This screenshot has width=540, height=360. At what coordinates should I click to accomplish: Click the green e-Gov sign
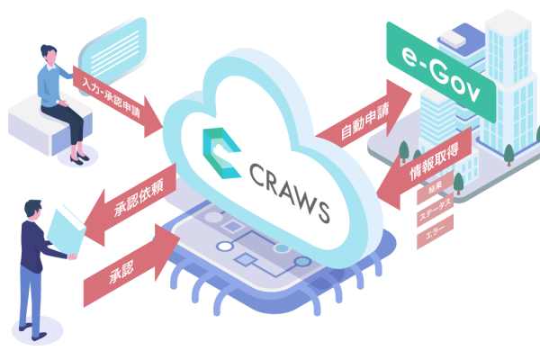(442, 73)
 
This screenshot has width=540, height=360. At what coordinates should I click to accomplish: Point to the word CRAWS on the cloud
(289, 192)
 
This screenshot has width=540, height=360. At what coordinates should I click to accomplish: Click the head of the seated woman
(49, 54)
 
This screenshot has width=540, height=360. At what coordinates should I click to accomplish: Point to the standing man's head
(33, 210)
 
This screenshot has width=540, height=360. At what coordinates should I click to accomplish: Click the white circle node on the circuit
(225, 247)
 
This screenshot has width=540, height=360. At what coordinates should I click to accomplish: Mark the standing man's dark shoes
(32, 330)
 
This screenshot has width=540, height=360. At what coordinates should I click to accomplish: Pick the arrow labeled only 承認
(130, 265)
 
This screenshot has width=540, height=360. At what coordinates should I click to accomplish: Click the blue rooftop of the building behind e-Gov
(462, 39)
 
